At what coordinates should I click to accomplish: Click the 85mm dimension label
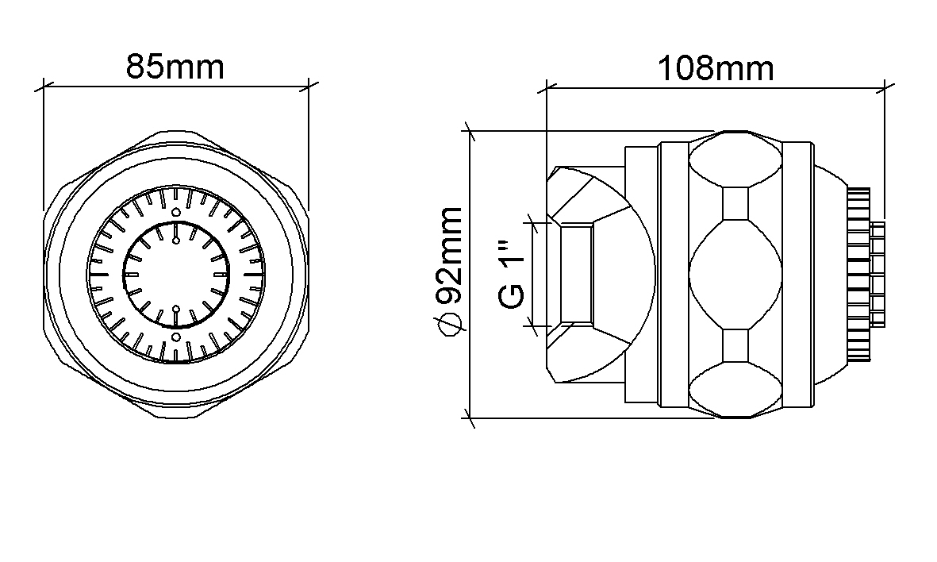(x=175, y=67)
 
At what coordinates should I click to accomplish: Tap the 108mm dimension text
(x=716, y=68)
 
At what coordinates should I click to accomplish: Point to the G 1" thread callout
(x=512, y=275)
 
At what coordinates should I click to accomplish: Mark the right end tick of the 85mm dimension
(x=309, y=87)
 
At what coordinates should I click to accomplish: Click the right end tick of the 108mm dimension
(x=885, y=88)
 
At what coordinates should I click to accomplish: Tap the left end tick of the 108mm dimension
(x=547, y=88)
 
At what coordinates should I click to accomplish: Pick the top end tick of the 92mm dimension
(x=469, y=131)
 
